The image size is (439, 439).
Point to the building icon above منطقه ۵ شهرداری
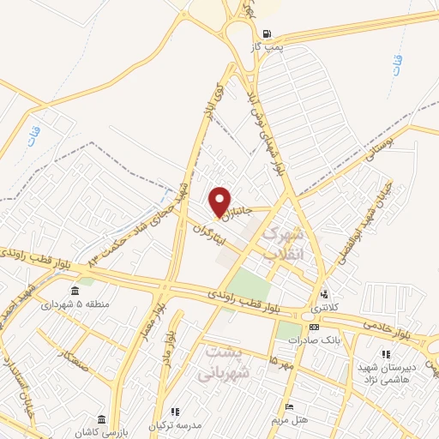75,289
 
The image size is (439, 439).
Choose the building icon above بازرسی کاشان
102,418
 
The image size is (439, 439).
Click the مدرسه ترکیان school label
177,426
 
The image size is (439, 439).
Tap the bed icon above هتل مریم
290,406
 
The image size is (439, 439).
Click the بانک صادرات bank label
310,340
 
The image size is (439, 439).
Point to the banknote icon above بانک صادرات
314,327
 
